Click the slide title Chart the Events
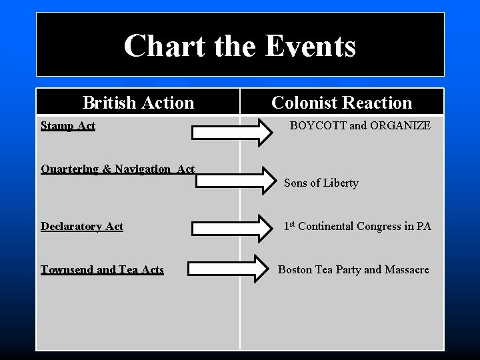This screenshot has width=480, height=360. (240, 46)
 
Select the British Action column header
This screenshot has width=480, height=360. (138, 103)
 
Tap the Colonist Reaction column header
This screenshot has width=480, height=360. (342, 103)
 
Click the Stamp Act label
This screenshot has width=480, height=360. (68, 125)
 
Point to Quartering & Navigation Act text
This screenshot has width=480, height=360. (118, 169)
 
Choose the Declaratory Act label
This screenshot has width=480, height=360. (82, 226)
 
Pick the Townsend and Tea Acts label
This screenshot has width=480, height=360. (102, 269)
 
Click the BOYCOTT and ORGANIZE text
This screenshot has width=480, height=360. (360, 125)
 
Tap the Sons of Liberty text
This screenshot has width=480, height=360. (321, 183)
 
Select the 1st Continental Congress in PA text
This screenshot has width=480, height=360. (357, 226)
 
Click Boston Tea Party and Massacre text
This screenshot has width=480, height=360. (353, 269)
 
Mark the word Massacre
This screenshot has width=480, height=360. (407, 269)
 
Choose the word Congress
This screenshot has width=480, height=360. (379, 226)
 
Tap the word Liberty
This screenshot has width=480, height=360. (341, 183)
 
